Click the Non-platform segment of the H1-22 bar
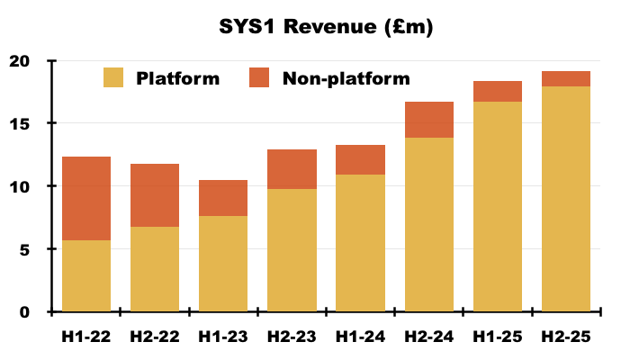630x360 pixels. tap(86, 198)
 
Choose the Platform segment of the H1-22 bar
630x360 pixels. tap(86, 275)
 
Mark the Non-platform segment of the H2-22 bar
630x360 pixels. tap(155, 195)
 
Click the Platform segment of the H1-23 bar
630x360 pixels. tap(223, 264)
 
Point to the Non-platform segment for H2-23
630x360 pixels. tap(292, 169)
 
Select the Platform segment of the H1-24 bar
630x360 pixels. tap(360, 243)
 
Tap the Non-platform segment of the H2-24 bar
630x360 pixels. tap(428, 120)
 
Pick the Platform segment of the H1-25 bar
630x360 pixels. tap(497, 207)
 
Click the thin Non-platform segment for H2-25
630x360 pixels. tap(565, 79)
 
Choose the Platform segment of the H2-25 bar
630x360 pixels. tap(565, 199)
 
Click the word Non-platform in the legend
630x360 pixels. tap(346, 78)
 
